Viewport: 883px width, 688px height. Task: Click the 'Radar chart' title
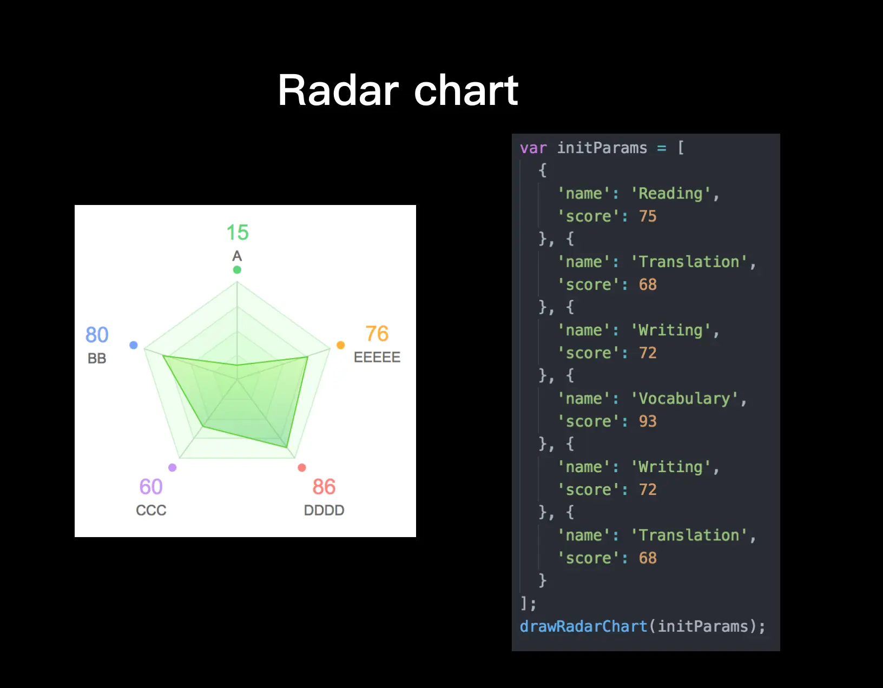pyautogui.click(x=398, y=90)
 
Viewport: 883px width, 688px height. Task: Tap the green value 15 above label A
pyautogui.click(x=238, y=233)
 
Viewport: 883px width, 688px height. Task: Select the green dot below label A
pyautogui.click(x=237, y=270)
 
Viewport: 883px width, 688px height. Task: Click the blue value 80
pyautogui.click(x=97, y=335)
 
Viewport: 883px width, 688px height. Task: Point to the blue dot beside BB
pyautogui.click(x=134, y=345)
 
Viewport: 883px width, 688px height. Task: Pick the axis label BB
pyautogui.click(x=97, y=358)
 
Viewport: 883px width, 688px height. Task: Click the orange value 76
pyautogui.click(x=377, y=334)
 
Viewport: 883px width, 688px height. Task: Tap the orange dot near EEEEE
pyautogui.click(x=341, y=345)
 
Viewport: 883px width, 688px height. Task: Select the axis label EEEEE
pyautogui.click(x=377, y=357)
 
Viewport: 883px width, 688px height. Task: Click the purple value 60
pyautogui.click(x=151, y=487)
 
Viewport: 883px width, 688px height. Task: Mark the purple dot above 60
pyautogui.click(x=173, y=467)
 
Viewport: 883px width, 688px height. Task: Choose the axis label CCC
pyautogui.click(x=151, y=510)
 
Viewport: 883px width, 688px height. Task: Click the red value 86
pyautogui.click(x=324, y=487)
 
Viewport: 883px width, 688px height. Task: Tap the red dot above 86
pyautogui.click(x=302, y=467)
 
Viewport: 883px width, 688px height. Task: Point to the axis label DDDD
pyautogui.click(x=324, y=510)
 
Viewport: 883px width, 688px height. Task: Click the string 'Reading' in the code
pyautogui.click(x=671, y=193)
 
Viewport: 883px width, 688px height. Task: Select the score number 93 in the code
pyautogui.click(x=648, y=421)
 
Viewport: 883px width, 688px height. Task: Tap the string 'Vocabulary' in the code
pyautogui.click(x=684, y=398)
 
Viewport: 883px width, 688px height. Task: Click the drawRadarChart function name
pyautogui.click(x=583, y=626)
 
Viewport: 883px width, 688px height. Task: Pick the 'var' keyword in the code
pyautogui.click(x=533, y=148)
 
